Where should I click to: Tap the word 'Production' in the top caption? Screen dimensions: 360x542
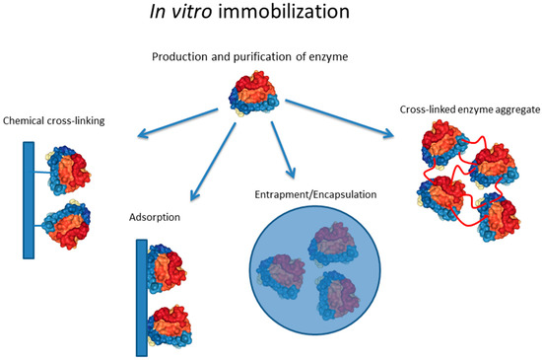183,55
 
